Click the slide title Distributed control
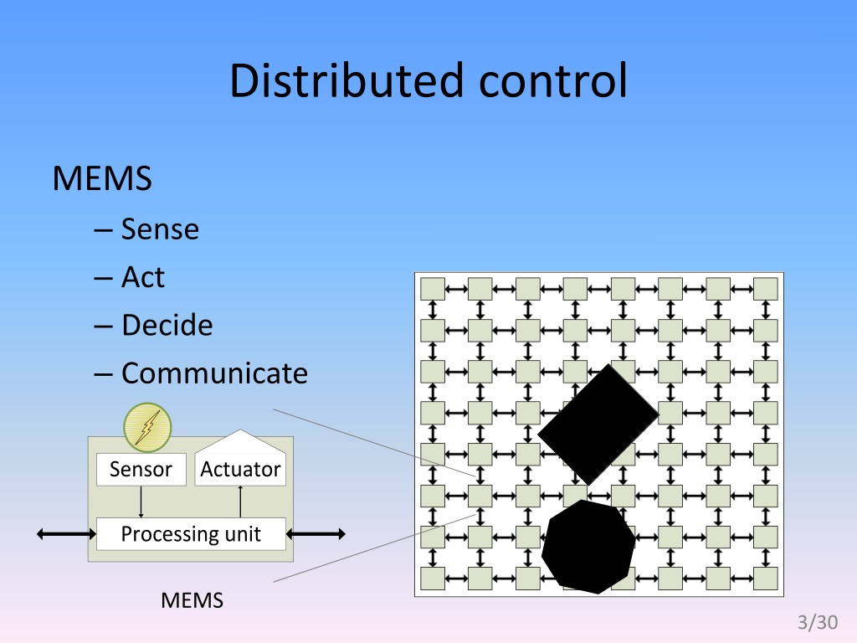(x=428, y=81)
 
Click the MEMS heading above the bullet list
(x=102, y=178)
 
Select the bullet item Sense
(x=160, y=229)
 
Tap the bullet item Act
(x=143, y=276)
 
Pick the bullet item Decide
(x=167, y=325)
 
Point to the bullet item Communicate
(x=214, y=373)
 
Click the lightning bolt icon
(x=147, y=427)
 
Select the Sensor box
(x=141, y=470)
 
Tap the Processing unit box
(x=191, y=533)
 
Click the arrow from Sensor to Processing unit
(x=141, y=502)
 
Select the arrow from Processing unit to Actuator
(x=240, y=502)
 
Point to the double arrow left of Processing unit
(x=68, y=533)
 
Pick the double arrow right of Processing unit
(x=316, y=533)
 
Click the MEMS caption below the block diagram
(x=192, y=600)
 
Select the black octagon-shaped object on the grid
(x=588, y=547)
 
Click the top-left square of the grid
(x=432, y=289)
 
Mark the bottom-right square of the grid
(x=766, y=578)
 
